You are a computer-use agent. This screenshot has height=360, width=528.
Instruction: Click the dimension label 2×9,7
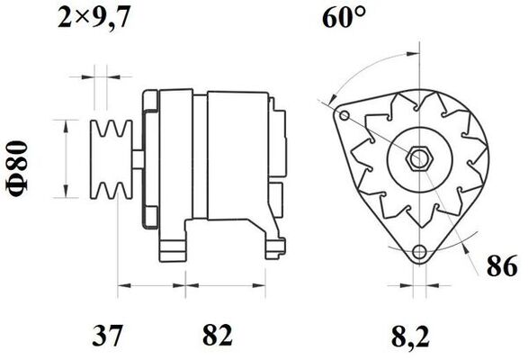coord(94,17)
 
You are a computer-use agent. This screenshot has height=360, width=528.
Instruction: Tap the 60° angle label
coord(344,17)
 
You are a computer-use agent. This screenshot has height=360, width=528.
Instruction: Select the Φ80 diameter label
coord(18,168)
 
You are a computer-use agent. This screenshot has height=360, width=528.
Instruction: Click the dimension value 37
coord(107,335)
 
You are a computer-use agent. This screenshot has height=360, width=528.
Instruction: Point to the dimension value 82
coord(218,335)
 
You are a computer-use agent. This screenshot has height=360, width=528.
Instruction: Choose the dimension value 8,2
coord(410,337)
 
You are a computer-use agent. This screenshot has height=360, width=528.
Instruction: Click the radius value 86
coord(502,266)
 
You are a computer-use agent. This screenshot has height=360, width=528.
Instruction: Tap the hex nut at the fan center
coord(419,157)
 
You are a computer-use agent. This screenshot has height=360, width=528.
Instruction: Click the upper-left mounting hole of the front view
coord(344,115)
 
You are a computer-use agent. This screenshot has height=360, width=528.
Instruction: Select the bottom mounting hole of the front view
coord(419,251)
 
